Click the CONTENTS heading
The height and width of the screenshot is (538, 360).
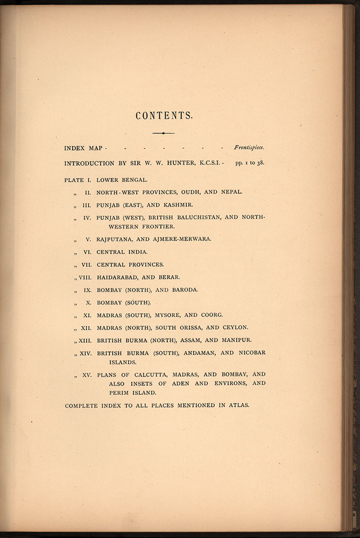164,116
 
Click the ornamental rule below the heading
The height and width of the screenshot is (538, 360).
163,133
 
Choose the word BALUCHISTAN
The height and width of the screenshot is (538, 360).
183,218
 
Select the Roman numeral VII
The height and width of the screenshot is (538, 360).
86,265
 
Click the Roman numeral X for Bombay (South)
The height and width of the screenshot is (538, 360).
88,302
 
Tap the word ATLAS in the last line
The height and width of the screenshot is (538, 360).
238,405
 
